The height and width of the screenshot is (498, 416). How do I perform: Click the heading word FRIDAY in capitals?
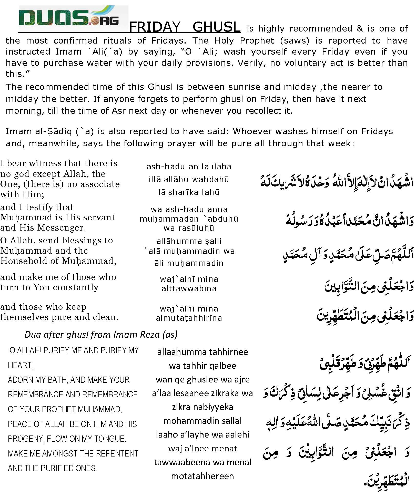155,27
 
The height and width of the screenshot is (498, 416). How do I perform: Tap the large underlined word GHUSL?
216,27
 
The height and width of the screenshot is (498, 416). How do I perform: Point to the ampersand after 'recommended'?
360,29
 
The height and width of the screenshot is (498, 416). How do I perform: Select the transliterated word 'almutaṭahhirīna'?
189,318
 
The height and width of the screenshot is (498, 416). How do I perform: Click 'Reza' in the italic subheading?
148,335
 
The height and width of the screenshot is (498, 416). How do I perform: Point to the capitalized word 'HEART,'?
21,365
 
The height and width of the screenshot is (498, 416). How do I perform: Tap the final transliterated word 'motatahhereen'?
202,476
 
